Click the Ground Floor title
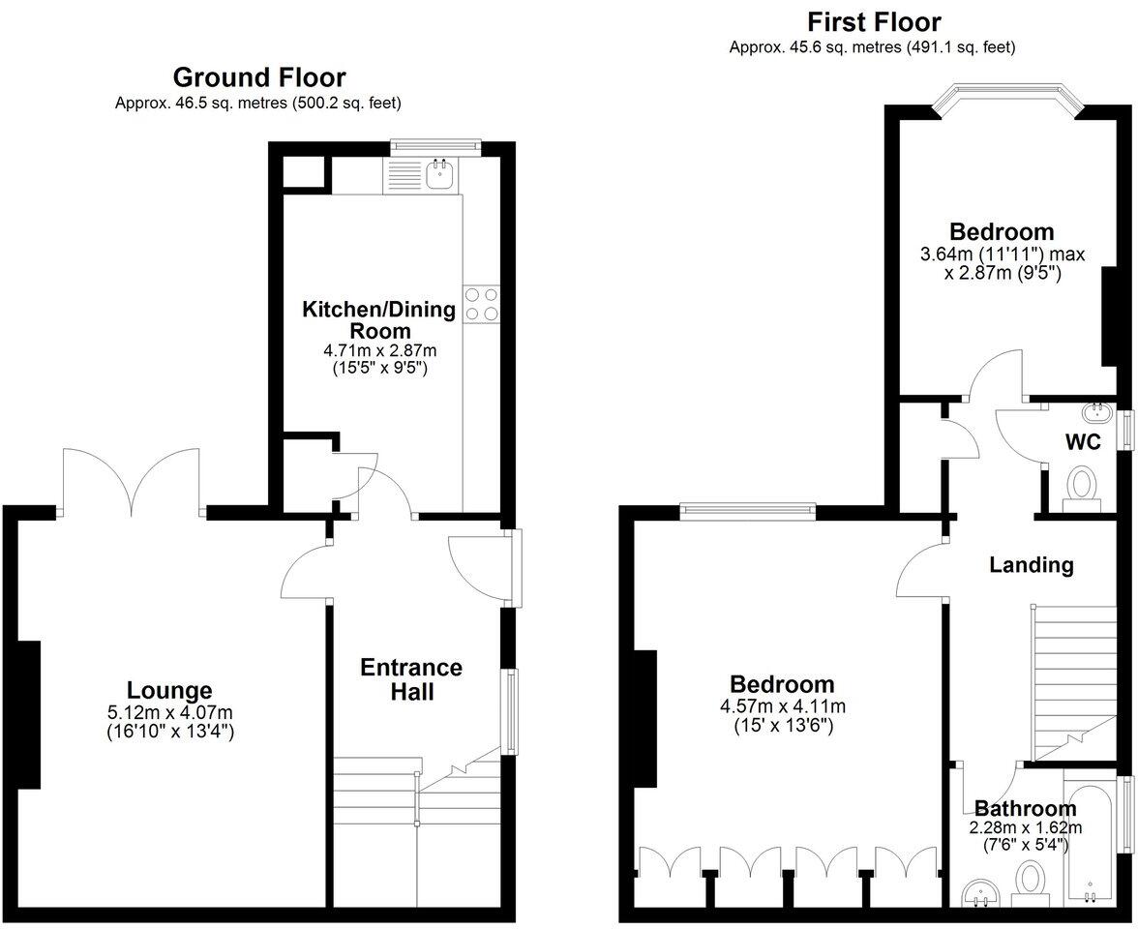coord(258,77)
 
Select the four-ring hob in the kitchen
coord(481,304)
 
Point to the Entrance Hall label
coord(411,679)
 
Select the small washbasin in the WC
coord(1100,413)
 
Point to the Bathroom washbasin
coord(982,892)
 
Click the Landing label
coord(1031,564)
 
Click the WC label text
coord(1083,443)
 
